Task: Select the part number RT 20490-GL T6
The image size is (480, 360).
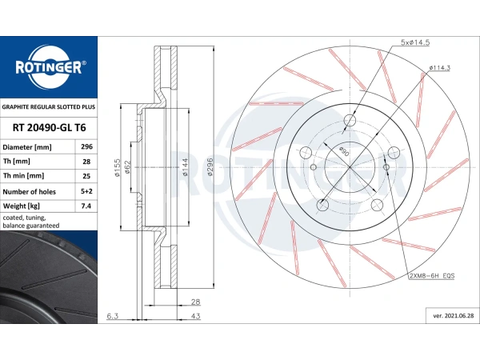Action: (49, 128)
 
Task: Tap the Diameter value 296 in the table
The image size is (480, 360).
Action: (86, 146)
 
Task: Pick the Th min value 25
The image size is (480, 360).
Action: (86, 176)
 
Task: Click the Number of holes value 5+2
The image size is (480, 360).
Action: (86, 191)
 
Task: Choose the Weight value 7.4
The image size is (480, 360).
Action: (86, 206)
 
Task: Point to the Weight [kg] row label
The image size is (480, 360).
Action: (22, 206)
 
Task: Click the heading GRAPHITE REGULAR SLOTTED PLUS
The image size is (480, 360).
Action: (49, 107)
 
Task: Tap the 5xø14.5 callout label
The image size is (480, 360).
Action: (415, 42)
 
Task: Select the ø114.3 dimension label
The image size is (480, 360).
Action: (439, 68)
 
